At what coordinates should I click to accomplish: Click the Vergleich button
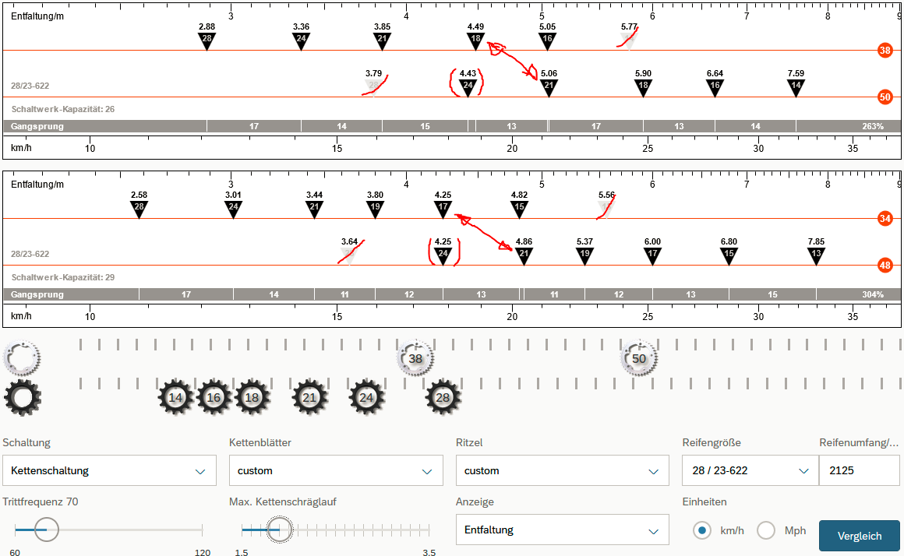[x=859, y=536]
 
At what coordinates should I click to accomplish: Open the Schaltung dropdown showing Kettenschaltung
[x=110, y=470]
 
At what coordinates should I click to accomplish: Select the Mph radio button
[x=765, y=530]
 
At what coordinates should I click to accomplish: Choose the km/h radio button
[x=701, y=530]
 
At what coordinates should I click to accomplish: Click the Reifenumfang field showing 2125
[x=860, y=470]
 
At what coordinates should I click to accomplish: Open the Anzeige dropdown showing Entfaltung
[x=562, y=530]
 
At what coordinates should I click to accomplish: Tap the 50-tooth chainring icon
[x=639, y=358]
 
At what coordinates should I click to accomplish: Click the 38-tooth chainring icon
[x=415, y=358]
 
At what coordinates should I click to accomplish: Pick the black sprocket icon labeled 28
[x=443, y=397]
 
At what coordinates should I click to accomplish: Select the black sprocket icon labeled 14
[x=175, y=397]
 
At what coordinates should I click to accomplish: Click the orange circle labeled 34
[x=885, y=218]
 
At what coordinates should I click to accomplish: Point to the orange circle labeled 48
[x=885, y=265]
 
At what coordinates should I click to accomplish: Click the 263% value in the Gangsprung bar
[x=872, y=126]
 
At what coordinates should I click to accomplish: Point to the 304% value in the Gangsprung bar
[x=872, y=294]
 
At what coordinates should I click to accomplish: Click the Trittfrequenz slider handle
[x=47, y=530]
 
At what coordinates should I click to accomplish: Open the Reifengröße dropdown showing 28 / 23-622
[x=750, y=470]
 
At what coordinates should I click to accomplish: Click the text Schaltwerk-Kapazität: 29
[x=63, y=277]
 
